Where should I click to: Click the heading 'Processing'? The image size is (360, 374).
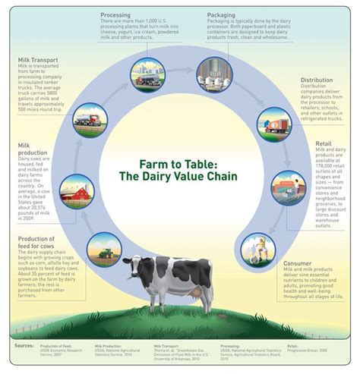114,14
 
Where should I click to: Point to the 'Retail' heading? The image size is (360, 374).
324,141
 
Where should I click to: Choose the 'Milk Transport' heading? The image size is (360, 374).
39,58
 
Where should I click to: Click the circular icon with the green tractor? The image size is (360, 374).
103,250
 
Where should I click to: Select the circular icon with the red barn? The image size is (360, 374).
76,191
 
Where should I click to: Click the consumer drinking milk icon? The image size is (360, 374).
257,248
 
